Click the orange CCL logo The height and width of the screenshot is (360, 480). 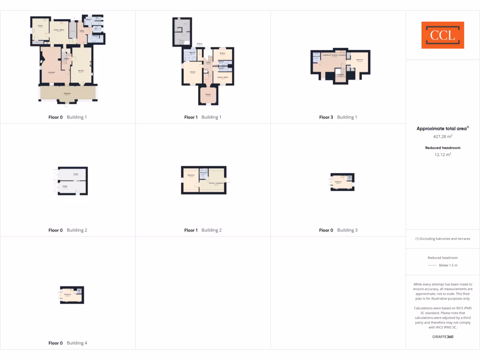pyautogui.click(x=442, y=35)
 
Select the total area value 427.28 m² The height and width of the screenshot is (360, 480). pyautogui.click(x=442, y=136)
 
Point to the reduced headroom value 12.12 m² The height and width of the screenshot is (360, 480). pyautogui.click(x=442, y=154)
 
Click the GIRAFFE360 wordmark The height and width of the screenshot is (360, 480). pyautogui.click(x=442, y=337)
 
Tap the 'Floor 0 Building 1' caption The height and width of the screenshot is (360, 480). pyautogui.click(x=67, y=117)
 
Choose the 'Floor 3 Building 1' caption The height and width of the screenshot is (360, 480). pyautogui.click(x=338, y=117)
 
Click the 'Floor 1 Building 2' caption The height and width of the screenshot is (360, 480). pyautogui.click(x=203, y=230)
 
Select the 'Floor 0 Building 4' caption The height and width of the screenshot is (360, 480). pyautogui.click(x=67, y=343)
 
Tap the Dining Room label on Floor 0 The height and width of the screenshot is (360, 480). pyautogui.click(x=67, y=94)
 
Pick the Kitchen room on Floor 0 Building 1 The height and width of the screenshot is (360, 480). pyautogui.click(x=40, y=26)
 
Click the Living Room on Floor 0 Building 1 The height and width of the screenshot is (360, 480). pyautogui.click(x=52, y=72)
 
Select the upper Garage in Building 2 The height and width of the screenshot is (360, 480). pyautogui.click(x=75, y=174)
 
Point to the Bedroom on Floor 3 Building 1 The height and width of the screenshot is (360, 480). pyautogui.click(x=360, y=60)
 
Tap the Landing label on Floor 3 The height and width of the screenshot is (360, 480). pyautogui.click(x=341, y=75)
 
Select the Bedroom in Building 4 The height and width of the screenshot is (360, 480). pyautogui.click(x=67, y=295)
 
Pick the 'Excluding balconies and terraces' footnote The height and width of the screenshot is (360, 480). pyautogui.click(x=442, y=239)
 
